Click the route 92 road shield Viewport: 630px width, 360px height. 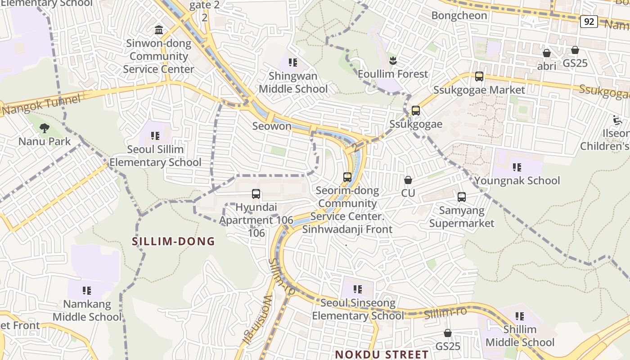(589, 21)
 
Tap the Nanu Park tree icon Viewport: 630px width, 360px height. (44, 129)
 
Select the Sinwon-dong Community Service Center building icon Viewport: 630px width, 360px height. (159, 30)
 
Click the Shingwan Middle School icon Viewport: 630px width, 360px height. (293, 63)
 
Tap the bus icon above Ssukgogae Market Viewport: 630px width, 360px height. (479, 76)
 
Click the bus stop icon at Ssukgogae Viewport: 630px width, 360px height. (416, 111)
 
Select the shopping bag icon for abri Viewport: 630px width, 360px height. (547, 53)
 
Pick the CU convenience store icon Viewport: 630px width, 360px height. (408, 180)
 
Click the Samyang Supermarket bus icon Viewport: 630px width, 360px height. (462, 197)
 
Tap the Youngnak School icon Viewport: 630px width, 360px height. (517, 168)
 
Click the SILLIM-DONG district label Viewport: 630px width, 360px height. (173, 242)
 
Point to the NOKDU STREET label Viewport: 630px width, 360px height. (382, 354)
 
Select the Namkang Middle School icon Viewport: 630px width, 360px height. (87, 291)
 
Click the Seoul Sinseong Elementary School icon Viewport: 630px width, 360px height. (358, 289)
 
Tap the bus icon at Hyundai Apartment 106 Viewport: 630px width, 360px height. (256, 194)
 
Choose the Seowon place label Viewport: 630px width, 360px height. (272, 126)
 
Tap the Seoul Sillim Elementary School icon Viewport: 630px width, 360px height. (155, 136)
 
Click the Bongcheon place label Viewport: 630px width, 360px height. (459, 16)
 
